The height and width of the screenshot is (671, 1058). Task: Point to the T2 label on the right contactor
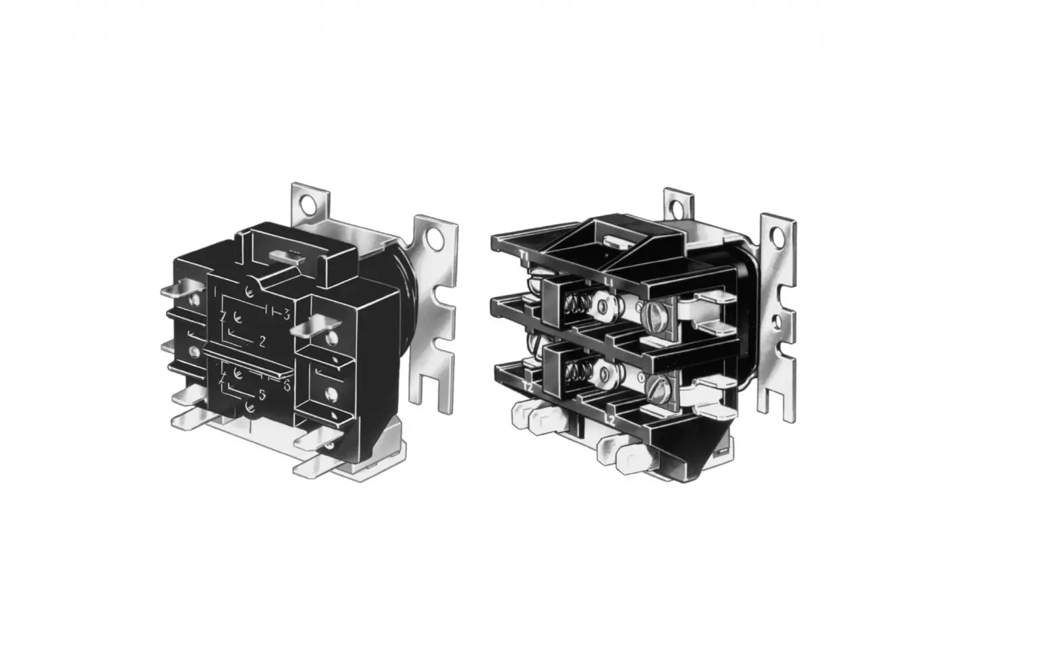click(528, 388)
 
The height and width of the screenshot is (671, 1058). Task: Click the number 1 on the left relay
click(215, 292)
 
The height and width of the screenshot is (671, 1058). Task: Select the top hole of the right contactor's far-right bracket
click(780, 235)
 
